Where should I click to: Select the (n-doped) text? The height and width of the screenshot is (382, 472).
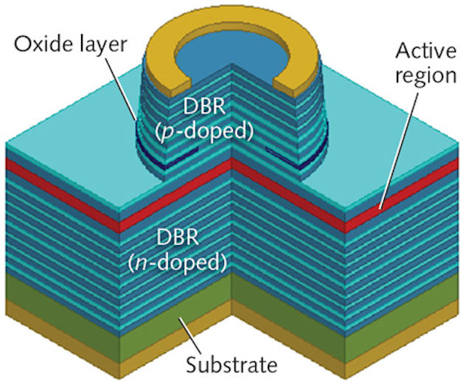pyautogui.click(x=190, y=261)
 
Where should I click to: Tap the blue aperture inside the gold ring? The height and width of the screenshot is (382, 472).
pyautogui.click(x=214, y=52)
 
